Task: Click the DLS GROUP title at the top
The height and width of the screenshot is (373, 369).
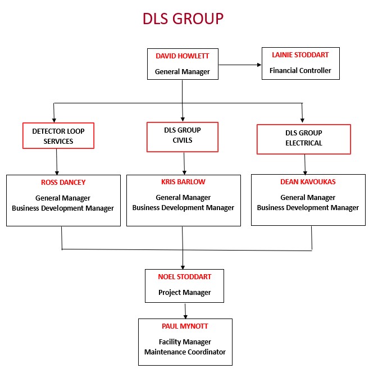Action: tap(183, 19)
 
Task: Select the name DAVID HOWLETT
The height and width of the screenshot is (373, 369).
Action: tap(182, 56)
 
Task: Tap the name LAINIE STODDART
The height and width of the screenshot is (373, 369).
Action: tap(300, 55)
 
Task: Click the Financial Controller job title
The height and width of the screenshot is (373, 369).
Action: tap(300, 71)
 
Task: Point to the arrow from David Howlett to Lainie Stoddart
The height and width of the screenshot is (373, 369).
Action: tap(240, 65)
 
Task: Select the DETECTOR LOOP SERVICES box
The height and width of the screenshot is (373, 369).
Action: tap(58, 136)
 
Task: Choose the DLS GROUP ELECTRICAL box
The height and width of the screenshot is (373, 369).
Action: tap(303, 138)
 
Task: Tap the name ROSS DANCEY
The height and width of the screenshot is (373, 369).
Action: tap(63, 182)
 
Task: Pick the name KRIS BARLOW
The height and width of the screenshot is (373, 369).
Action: tap(183, 182)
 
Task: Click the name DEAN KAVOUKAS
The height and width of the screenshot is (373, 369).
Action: tap(308, 182)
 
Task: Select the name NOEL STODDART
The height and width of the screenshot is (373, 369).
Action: tap(184, 276)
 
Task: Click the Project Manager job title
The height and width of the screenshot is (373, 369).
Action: tap(184, 292)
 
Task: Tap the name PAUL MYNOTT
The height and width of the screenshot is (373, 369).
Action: tap(185, 326)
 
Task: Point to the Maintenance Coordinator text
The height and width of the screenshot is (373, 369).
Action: tap(185, 352)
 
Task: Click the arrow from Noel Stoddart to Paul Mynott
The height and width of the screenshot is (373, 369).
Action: tap(185, 310)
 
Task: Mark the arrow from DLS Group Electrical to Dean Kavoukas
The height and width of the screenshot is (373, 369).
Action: tap(305, 164)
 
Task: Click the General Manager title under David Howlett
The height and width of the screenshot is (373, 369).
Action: tap(182, 72)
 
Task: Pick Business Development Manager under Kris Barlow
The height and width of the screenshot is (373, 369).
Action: tap(183, 208)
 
